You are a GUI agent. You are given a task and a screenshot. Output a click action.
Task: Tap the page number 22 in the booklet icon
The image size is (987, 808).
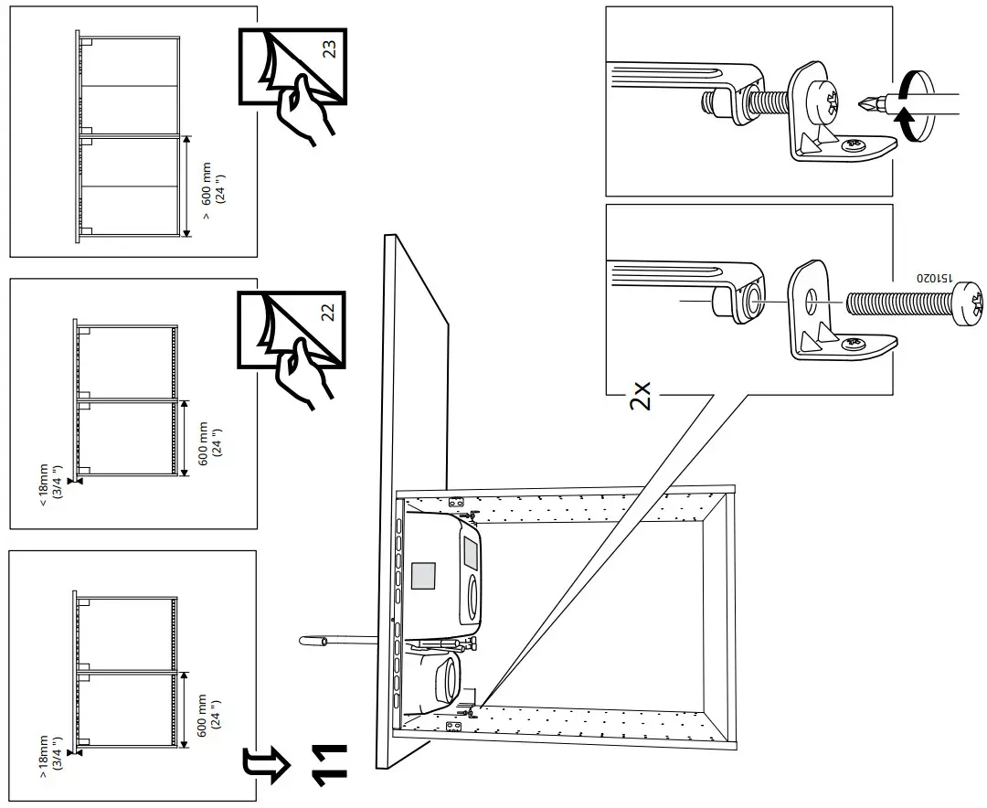point(327,311)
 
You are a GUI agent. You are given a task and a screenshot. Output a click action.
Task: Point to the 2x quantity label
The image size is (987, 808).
point(642,396)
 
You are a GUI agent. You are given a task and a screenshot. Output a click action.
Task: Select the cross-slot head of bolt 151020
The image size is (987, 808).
point(967,301)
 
